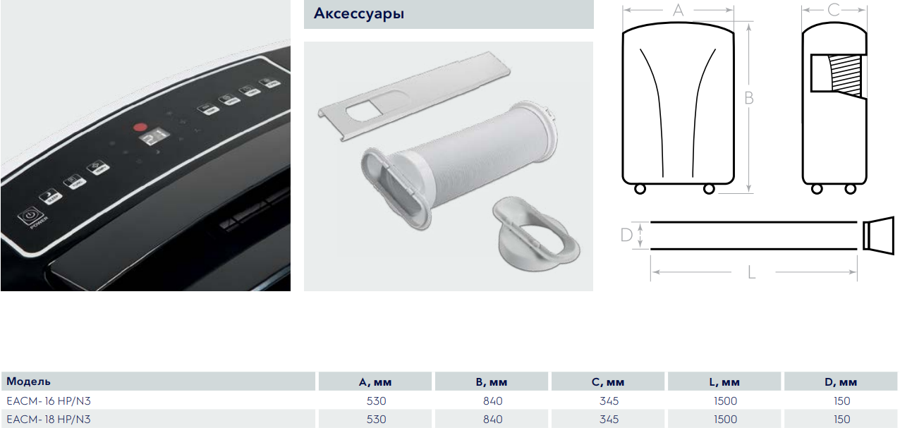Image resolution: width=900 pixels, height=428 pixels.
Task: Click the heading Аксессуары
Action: pyautogui.click(x=358, y=14)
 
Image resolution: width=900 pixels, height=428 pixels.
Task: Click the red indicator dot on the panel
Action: pyautogui.click(x=138, y=129)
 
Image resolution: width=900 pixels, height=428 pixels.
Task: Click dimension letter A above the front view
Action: pyautogui.click(x=679, y=10)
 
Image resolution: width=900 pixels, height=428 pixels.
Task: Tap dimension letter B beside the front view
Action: pyautogui.click(x=749, y=98)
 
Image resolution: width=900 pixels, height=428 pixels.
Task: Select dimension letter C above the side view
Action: pyautogui.click(x=834, y=10)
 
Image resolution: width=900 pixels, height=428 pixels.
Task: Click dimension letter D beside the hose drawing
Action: pyautogui.click(x=626, y=235)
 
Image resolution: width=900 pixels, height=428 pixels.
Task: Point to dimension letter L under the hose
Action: pyautogui.click(x=752, y=271)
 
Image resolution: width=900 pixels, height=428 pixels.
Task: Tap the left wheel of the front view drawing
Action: pyautogui.click(x=640, y=189)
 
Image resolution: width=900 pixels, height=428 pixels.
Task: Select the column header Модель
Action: pyautogui.click(x=28, y=381)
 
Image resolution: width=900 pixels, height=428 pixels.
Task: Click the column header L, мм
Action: pyautogui.click(x=725, y=382)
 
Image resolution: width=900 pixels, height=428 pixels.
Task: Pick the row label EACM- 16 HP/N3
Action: pyautogui.click(x=49, y=401)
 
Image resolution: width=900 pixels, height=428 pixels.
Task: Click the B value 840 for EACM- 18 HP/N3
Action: pyautogui.click(x=493, y=419)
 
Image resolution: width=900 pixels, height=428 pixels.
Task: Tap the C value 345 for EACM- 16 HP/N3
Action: pyautogui.click(x=609, y=401)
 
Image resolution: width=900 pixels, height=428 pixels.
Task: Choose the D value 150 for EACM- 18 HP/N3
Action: pyautogui.click(x=841, y=419)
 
